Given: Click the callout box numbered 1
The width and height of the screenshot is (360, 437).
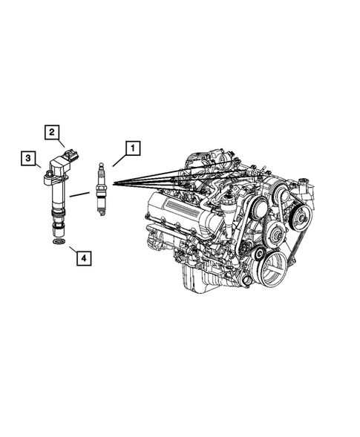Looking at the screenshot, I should coord(131,148).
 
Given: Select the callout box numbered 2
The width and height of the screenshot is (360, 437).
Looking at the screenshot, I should coord(53,132).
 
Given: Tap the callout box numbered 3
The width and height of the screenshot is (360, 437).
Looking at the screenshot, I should coord(27,157).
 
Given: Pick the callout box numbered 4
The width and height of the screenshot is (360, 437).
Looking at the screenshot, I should coord(83,258).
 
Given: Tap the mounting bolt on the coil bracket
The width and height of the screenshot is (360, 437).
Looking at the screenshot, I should coord(47,179).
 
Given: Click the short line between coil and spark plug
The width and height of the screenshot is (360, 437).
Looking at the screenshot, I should coord(79,194).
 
